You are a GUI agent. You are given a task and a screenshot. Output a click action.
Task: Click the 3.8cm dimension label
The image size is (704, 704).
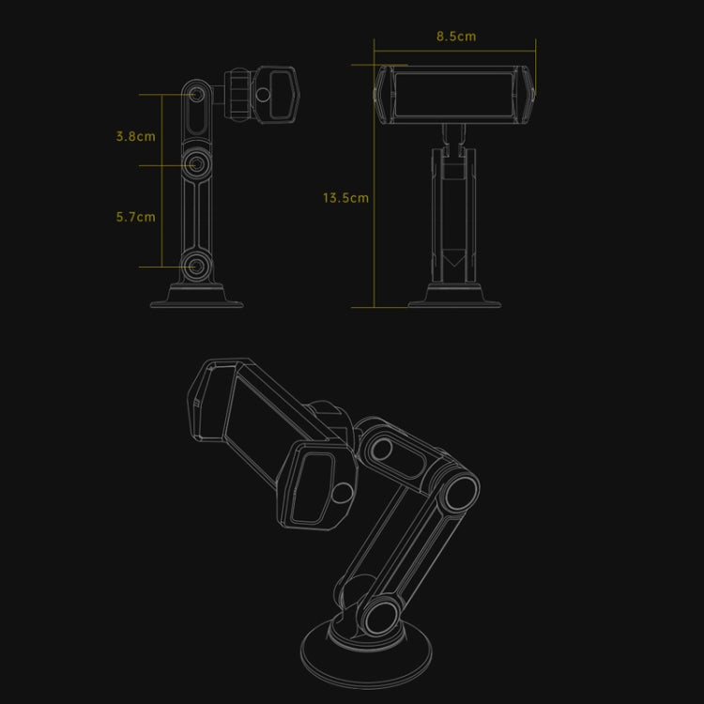[135, 136]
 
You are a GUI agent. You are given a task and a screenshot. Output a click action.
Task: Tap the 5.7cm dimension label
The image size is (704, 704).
[135, 217]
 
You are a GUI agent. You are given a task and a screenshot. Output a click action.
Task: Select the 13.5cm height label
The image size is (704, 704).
[345, 198]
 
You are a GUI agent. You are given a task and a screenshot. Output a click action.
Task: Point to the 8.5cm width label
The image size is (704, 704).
[455, 37]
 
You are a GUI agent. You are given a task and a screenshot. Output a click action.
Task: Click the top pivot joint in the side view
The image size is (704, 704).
[197, 95]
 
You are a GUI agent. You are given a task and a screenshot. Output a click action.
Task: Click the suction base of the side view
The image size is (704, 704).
[197, 297]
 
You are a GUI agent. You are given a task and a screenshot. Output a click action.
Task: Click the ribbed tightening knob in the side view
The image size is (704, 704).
[238, 95]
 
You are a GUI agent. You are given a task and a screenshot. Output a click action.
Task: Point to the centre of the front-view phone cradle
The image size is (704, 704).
[455, 94]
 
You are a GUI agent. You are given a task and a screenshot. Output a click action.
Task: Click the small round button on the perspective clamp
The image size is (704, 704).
[344, 489]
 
